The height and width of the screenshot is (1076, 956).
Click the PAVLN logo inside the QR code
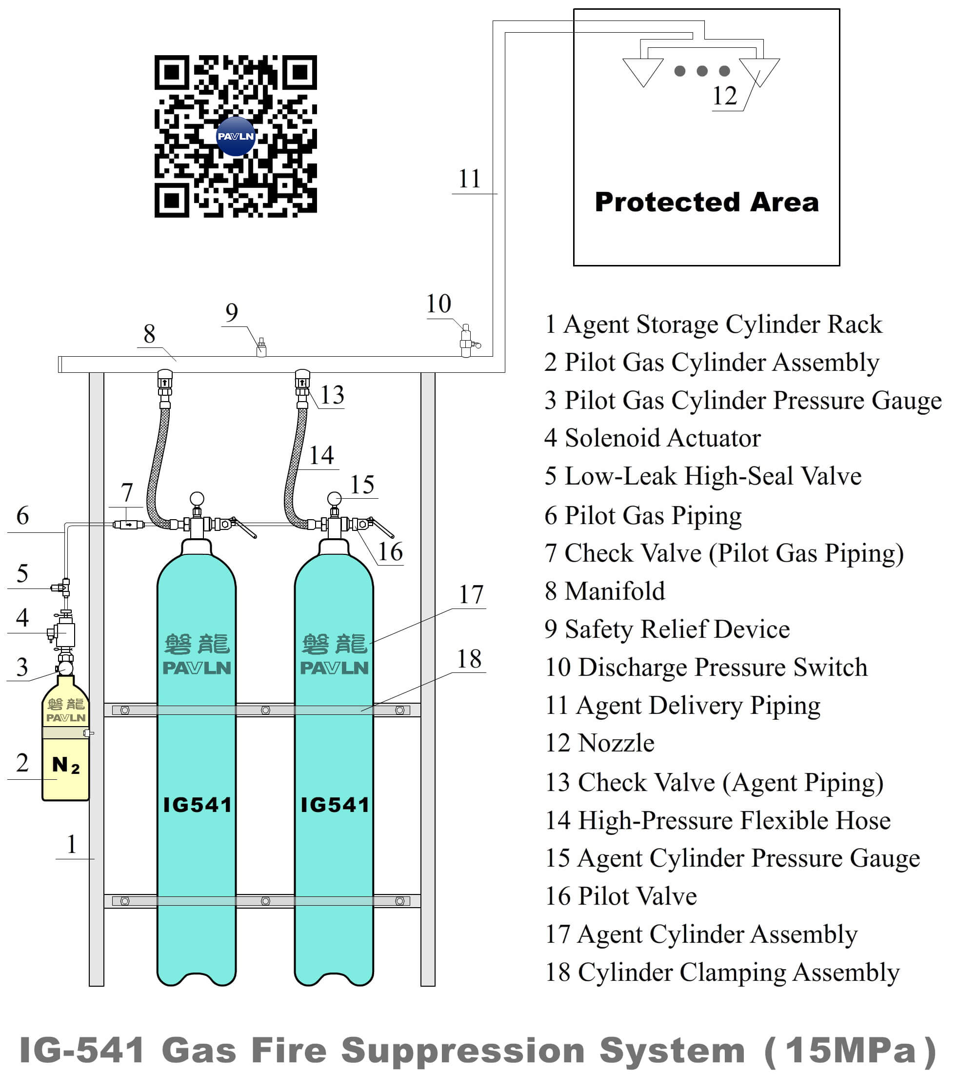point(236,136)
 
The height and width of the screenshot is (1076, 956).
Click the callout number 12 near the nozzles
point(724,96)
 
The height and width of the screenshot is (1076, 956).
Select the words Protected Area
point(707,202)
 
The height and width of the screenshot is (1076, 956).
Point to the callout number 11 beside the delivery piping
point(469,179)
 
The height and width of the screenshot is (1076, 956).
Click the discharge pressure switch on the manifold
point(466,341)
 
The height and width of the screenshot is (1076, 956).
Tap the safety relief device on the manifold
point(261,348)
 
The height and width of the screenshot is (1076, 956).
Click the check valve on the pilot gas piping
point(128,524)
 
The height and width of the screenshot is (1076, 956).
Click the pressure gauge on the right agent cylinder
point(334,499)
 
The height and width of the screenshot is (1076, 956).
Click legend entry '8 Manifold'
point(605,591)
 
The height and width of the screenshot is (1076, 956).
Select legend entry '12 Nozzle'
point(600,743)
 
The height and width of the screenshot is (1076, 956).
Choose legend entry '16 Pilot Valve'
point(621,896)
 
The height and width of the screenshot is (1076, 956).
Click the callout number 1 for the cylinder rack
point(72,844)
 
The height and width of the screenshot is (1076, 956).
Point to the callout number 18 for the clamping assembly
point(469,659)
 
